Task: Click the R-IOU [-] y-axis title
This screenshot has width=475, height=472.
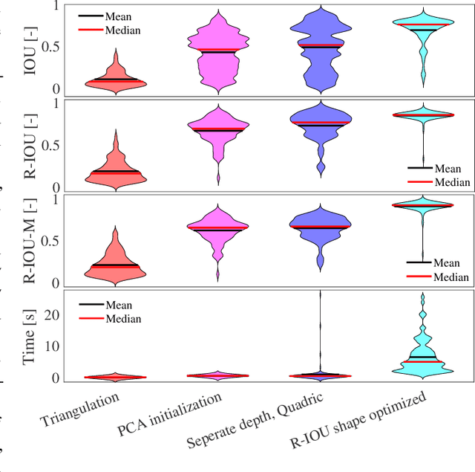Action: (31, 145)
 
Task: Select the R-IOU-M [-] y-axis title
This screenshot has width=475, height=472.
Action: (31, 240)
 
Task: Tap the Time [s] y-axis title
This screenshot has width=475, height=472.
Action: (31, 335)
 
